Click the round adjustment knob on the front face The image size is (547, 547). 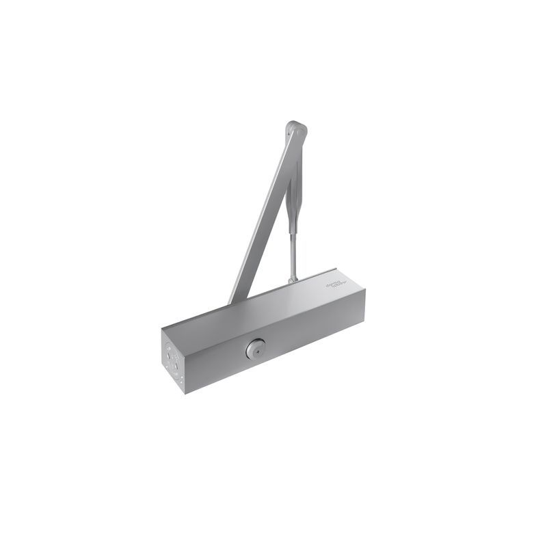pos(253,350)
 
